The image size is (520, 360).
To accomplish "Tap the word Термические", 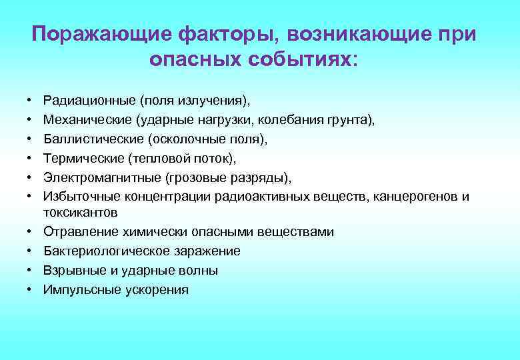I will point(81,159).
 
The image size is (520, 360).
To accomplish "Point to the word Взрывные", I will point(70,271).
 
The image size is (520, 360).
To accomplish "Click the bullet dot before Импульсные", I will point(31,290).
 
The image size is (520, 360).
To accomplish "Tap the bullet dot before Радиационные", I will point(31,101).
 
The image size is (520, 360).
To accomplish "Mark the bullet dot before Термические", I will point(31,159).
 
